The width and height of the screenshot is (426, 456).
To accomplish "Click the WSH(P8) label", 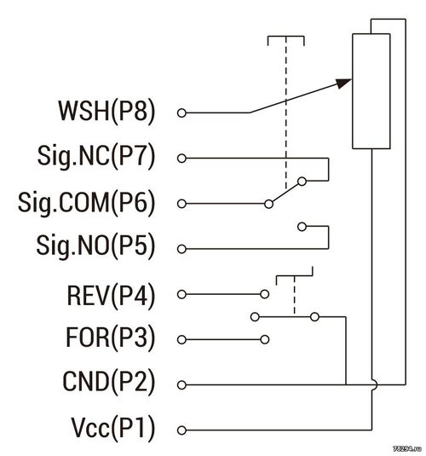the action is pyautogui.click(x=106, y=112).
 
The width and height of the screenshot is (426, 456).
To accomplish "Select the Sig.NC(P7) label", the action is pyautogui.click(x=96, y=157).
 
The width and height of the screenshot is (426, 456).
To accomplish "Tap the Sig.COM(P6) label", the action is pyautogui.click(x=86, y=202).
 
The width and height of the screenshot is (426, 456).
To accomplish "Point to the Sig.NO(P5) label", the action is pyautogui.click(x=95, y=247).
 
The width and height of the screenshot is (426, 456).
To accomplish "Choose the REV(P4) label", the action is pyautogui.click(x=111, y=296).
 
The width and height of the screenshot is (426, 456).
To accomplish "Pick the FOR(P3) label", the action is pyautogui.click(x=111, y=338).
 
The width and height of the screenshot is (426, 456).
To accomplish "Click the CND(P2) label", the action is pyautogui.click(x=109, y=382).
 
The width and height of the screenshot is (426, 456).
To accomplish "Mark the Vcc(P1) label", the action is pyautogui.click(x=113, y=428).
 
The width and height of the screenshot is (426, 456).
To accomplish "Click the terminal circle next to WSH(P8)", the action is pyautogui.click(x=181, y=113).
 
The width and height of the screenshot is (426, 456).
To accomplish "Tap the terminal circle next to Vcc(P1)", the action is pyautogui.click(x=181, y=430).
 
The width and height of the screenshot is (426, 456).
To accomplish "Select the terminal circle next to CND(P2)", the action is pyautogui.click(x=181, y=384).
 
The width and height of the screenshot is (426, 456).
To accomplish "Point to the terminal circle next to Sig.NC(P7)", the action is pyautogui.click(x=181, y=159).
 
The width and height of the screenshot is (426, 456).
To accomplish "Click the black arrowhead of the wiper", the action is pyautogui.click(x=343, y=84).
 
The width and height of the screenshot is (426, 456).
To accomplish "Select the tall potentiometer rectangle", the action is pyautogui.click(x=371, y=91).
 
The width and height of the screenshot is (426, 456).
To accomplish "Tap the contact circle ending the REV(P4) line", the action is pyautogui.click(x=265, y=294).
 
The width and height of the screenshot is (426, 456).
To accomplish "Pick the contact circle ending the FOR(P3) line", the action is pyautogui.click(x=265, y=339).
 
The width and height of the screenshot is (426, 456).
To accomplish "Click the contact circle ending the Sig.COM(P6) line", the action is pyautogui.click(x=268, y=204).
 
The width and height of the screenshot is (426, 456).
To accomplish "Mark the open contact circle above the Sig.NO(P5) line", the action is pyautogui.click(x=302, y=227).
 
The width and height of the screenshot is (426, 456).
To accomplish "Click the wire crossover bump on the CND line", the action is pyautogui.click(x=375, y=384).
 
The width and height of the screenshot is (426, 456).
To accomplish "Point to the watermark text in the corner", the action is pyautogui.click(x=407, y=448).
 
